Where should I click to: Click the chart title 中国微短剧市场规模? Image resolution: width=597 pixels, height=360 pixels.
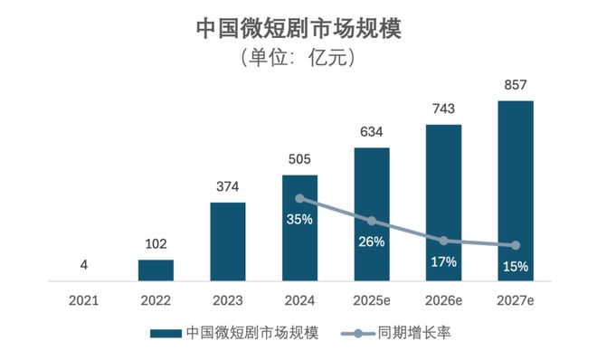pyautogui.click(x=298, y=28)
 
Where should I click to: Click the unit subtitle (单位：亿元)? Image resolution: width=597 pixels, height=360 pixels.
pyautogui.click(x=298, y=59)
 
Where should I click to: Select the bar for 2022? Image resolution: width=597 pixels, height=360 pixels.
pyautogui.click(x=156, y=270)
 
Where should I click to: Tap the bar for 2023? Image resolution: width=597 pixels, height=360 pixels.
pyautogui.click(x=228, y=242)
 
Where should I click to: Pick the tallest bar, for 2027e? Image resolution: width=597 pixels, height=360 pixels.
pyautogui.click(x=516, y=191)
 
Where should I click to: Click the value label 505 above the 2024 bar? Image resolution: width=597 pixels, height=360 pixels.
pyautogui.click(x=299, y=160)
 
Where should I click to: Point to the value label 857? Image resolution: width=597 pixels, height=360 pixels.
pyautogui.click(x=516, y=85)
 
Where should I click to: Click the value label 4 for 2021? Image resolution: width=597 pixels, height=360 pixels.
pyautogui.click(x=83, y=266)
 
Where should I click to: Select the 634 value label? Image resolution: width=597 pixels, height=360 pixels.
pyautogui.click(x=372, y=132)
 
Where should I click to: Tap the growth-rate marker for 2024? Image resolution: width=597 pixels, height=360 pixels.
pyautogui.click(x=299, y=198)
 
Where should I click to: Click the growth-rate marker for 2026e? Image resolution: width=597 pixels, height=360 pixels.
pyautogui.click(x=443, y=241)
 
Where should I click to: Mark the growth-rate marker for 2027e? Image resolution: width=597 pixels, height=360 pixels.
pyautogui.click(x=516, y=245)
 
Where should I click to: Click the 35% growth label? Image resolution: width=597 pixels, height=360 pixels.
pyautogui.click(x=299, y=219)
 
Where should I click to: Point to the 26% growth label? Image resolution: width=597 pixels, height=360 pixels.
pyautogui.click(x=372, y=242)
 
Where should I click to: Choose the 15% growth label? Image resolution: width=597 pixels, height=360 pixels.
pyautogui.click(x=516, y=266)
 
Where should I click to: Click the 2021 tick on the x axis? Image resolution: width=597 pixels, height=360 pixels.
pyautogui.click(x=83, y=299)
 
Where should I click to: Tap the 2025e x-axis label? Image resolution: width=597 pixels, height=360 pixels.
pyautogui.click(x=372, y=299)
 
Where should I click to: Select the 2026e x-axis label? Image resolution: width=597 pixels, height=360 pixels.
pyautogui.click(x=443, y=299)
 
